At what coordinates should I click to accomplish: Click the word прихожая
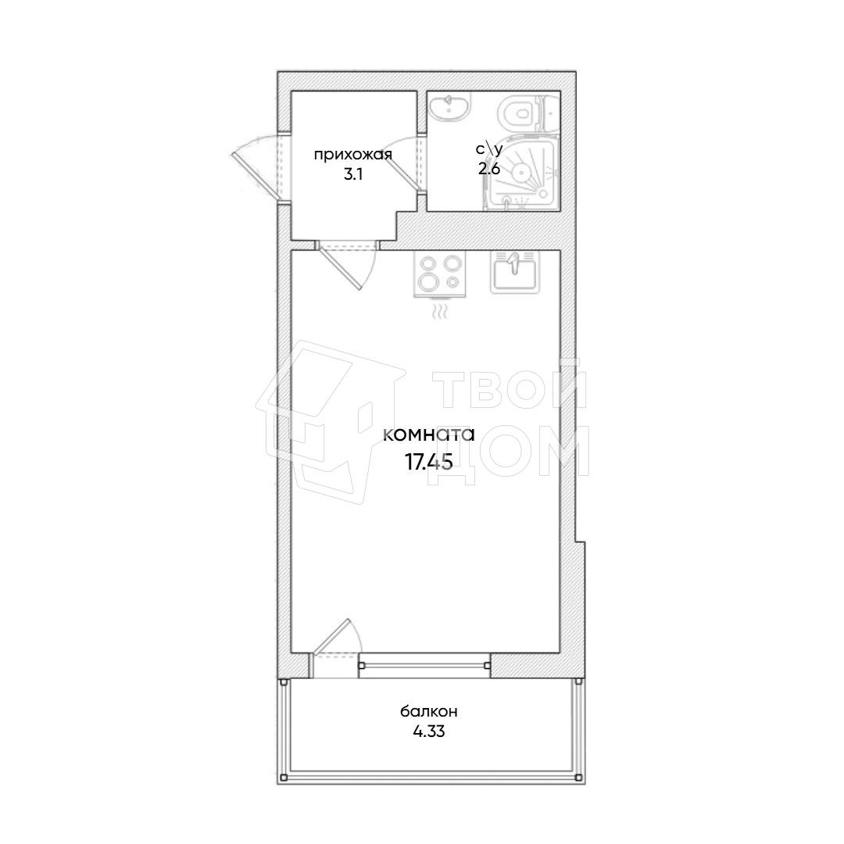tap(352, 155)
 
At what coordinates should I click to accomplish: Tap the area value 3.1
tap(353, 175)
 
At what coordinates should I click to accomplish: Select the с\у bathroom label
tap(488, 149)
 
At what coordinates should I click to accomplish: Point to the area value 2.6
tap(488, 169)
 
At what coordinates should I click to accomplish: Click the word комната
tap(429, 435)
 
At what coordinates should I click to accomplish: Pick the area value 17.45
tap(428, 462)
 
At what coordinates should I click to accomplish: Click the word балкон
tap(429, 711)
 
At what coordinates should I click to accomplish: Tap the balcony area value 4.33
tap(429, 732)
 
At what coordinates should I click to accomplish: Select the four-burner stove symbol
tap(440, 274)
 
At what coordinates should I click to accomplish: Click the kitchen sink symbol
tap(514, 271)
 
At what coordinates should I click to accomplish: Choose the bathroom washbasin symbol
tap(450, 106)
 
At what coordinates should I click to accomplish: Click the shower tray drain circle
tap(521, 172)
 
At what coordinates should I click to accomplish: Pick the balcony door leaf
tap(331, 636)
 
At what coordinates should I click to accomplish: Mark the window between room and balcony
tap(424, 665)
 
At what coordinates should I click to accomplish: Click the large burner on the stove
tap(430, 281)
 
